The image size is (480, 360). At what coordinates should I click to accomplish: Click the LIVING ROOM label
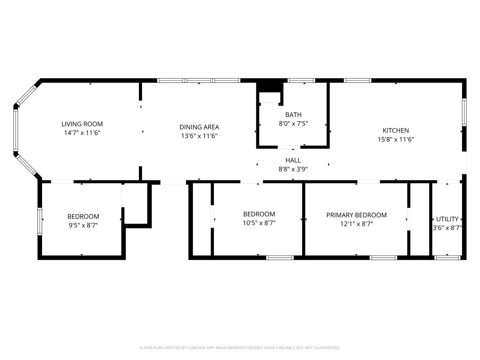point(82,124)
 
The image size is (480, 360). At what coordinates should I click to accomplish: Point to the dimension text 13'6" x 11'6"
point(199,136)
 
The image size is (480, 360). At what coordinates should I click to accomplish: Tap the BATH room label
point(293,115)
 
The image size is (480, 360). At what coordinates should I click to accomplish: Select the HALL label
point(293,160)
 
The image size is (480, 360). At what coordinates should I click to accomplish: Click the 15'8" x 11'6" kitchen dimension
point(396,139)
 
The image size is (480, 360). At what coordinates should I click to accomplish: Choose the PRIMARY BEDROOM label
point(356,215)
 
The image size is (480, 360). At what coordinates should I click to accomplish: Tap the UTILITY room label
point(447,219)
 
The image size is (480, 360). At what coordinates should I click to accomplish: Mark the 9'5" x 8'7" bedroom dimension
point(83,225)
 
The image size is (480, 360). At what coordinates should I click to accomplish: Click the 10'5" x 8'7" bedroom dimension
point(259,223)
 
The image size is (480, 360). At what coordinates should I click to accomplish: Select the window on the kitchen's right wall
point(464,112)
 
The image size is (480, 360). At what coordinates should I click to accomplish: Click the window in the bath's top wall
point(301,80)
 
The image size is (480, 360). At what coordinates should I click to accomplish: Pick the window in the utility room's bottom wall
point(447,258)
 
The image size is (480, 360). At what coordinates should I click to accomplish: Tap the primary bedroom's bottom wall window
point(383,258)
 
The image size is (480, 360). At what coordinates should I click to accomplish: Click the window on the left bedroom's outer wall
point(40,221)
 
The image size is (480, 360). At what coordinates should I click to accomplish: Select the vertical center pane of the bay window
point(15,130)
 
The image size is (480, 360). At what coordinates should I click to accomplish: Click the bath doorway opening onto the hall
point(289,147)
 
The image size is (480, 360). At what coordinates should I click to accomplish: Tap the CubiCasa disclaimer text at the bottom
point(240,348)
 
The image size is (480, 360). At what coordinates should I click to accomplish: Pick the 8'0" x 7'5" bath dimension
point(293,124)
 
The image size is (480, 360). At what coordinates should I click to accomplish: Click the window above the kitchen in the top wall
point(357,80)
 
